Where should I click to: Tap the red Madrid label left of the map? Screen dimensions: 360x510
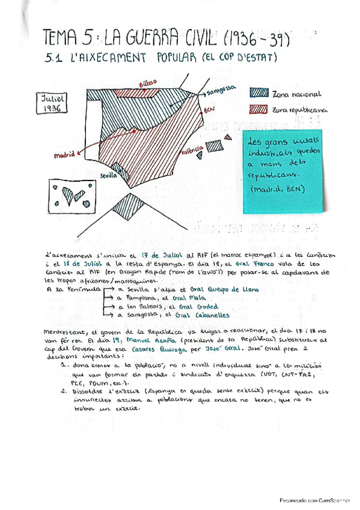coord(64,155)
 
